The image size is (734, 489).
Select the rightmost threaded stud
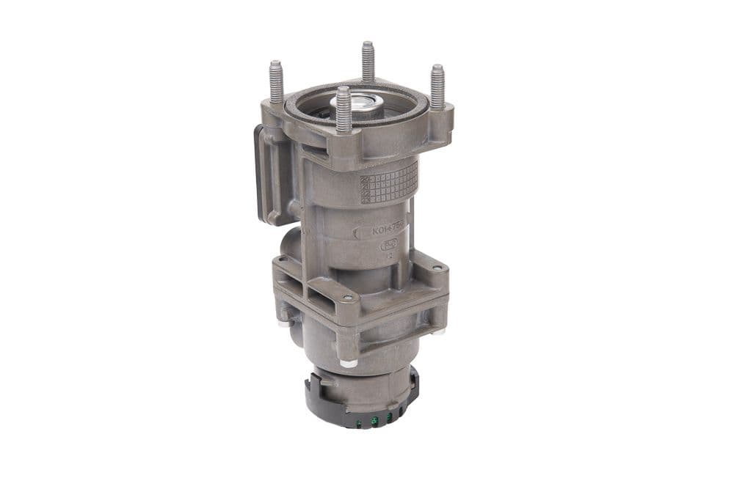(x=437, y=87)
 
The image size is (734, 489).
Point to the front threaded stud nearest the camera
(x=343, y=109)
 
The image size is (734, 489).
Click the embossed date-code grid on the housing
(x=389, y=183)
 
